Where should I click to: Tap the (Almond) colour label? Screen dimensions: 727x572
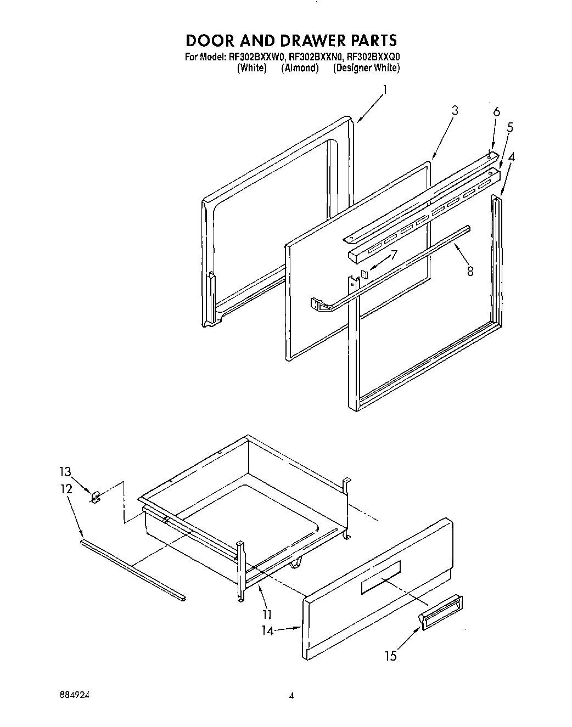pos(300,68)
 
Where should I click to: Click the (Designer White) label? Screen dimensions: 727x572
pos(366,68)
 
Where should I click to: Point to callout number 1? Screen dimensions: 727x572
pos(384,90)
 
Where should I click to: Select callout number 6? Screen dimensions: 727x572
pos(496,112)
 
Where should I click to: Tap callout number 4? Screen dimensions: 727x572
pos(512,157)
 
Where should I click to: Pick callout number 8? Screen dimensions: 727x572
pos(470,270)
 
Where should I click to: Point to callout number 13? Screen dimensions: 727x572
pos(65,471)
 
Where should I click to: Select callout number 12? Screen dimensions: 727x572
pos(66,488)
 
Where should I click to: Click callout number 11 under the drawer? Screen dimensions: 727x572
pos(267,615)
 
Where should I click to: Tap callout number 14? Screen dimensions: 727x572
pos(268,631)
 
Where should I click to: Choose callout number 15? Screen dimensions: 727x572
pos(390,656)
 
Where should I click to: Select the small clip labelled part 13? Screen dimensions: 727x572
pos(95,497)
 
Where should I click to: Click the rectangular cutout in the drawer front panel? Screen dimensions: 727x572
pos(380,577)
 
